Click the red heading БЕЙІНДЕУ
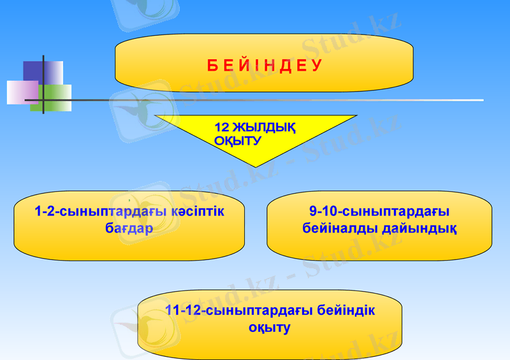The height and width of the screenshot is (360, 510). click(264, 65)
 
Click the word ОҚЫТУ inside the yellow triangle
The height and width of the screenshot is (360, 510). click(238, 141)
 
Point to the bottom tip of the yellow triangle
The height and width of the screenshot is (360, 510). click(237, 167)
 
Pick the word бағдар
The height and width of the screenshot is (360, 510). click(129, 227)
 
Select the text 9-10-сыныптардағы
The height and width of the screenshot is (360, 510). click(379, 211)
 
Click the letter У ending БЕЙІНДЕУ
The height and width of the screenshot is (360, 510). click(317, 65)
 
